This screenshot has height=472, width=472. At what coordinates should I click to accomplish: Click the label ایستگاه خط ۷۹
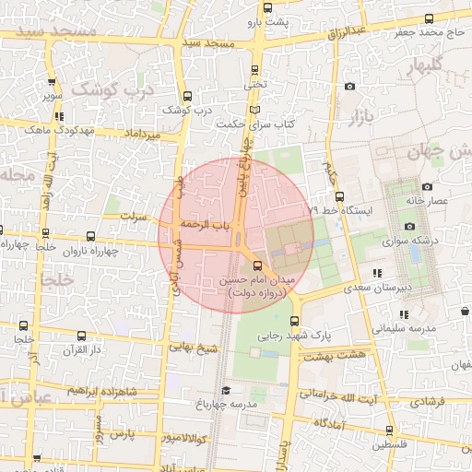(341, 211)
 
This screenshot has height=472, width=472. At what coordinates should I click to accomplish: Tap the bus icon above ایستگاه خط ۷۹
(340, 195)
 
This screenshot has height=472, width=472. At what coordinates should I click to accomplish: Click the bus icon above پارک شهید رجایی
(294, 322)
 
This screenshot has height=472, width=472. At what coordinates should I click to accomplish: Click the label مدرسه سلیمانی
(403, 327)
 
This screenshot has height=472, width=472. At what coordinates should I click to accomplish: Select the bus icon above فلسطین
(389, 430)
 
